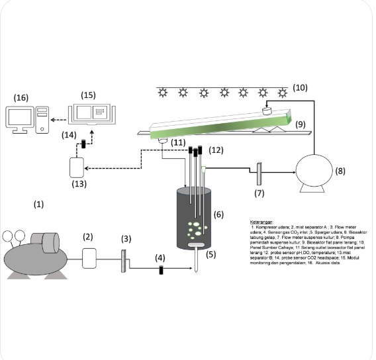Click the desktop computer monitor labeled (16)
(x=23, y=119)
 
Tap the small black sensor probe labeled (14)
(x=83, y=144)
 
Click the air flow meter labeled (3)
(x=124, y=260)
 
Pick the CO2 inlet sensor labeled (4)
(x=161, y=271)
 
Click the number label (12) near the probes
(x=216, y=152)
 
